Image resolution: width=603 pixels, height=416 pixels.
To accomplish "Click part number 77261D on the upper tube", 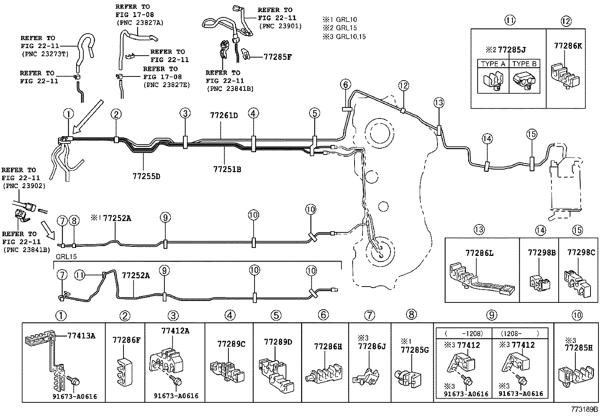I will [x=223, y=115].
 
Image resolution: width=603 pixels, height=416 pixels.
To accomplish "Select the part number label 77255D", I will [x=146, y=176].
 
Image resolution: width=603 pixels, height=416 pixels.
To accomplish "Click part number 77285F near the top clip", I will [x=278, y=57].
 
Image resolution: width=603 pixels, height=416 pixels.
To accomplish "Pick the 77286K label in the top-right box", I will [x=568, y=46].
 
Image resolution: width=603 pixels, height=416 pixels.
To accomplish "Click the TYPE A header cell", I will [x=493, y=64].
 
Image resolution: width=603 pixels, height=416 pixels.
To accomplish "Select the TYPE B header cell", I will [x=524, y=64].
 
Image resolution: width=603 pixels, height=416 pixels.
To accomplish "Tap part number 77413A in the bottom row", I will [x=81, y=335].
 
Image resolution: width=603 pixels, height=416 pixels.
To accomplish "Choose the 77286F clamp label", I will [x=126, y=340].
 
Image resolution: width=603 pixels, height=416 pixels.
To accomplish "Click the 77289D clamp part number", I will [x=278, y=342].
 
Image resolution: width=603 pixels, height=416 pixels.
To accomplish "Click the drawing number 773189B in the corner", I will [x=584, y=409].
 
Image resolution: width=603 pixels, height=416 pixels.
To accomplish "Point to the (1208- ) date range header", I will [x=519, y=333].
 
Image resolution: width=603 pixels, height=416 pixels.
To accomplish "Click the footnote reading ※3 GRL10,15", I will [x=344, y=37].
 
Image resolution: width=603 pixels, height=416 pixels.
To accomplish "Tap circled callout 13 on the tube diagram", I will [x=439, y=103].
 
